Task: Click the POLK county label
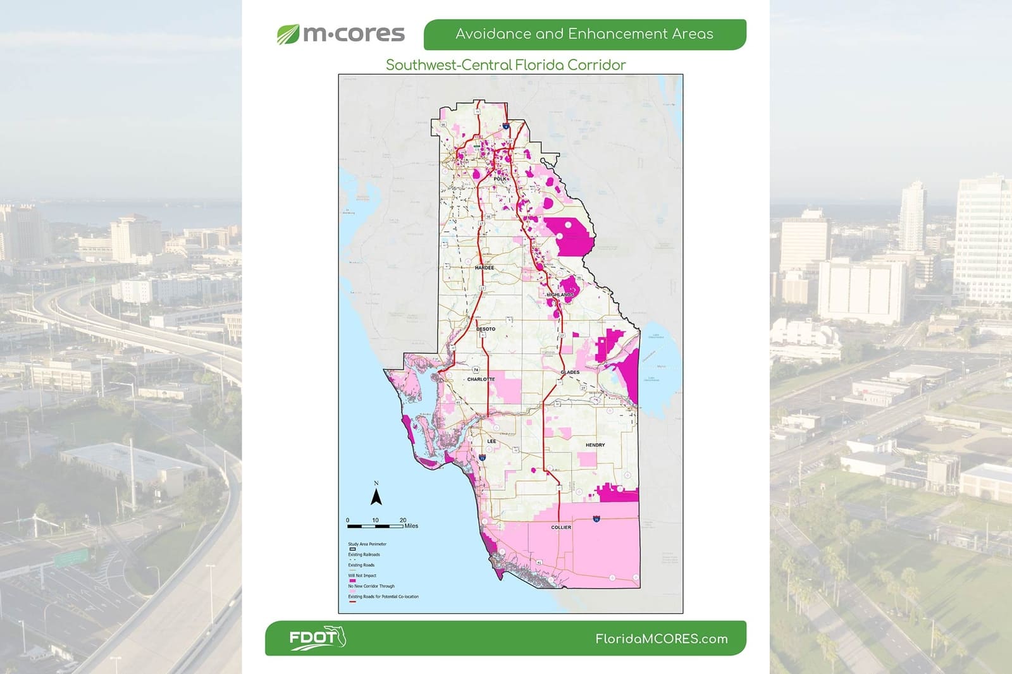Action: pos(500,179)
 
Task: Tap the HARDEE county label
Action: pos(484,268)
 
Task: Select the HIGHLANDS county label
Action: pos(560,295)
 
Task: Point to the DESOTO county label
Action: pos(486,329)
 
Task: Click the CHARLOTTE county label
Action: pos(481,379)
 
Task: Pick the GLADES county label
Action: pos(570,372)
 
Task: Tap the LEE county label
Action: pos(491,441)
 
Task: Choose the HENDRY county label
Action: pos(595,445)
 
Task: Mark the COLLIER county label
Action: pos(561,527)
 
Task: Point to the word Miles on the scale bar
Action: pos(411,526)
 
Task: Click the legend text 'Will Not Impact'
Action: pos(362,575)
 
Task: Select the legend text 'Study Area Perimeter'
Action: pos(367,544)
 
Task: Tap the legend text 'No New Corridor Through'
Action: pos(371,586)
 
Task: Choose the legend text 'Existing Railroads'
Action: pos(364,555)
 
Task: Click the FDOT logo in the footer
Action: pos(317,638)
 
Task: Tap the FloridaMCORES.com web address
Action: pos(661,639)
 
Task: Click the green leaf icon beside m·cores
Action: pos(288,34)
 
